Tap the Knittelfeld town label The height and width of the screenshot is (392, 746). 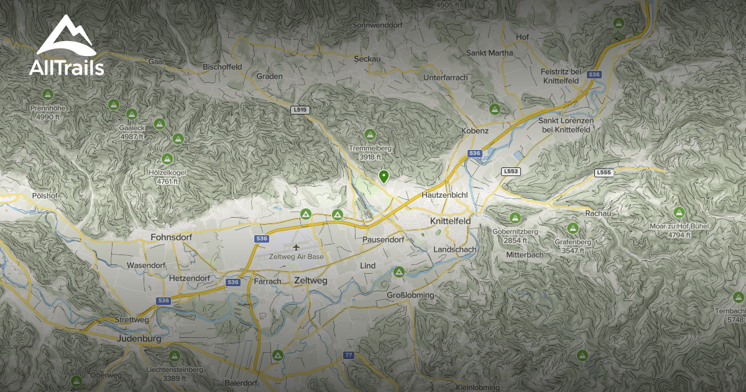[x=450, y=221]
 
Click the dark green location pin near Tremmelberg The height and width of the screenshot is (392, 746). [x=384, y=177]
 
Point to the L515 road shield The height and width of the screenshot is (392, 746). [x=300, y=110]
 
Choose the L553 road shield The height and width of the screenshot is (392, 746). [x=510, y=171]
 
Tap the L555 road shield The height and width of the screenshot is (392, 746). [x=604, y=172]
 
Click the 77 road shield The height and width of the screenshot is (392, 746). [x=348, y=355]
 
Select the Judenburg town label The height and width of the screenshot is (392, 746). [x=139, y=339]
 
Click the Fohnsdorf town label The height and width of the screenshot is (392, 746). [x=171, y=237]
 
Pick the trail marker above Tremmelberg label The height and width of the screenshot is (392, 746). [x=370, y=134]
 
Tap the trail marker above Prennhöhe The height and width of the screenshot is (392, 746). [x=47, y=95]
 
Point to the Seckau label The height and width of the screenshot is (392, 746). [x=367, y=58]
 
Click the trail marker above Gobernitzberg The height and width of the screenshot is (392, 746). [x=515, y=218]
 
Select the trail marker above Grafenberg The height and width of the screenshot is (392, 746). [x=573, y=228]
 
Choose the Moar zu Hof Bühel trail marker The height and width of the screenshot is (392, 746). [x=679, y=213]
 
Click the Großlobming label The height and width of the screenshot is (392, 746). [x=410, y=295]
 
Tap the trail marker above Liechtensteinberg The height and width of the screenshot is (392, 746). [x=175, y=356]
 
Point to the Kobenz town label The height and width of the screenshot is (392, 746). [x=475, y=131]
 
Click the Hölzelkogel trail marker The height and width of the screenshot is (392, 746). [x=167, y=159]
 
